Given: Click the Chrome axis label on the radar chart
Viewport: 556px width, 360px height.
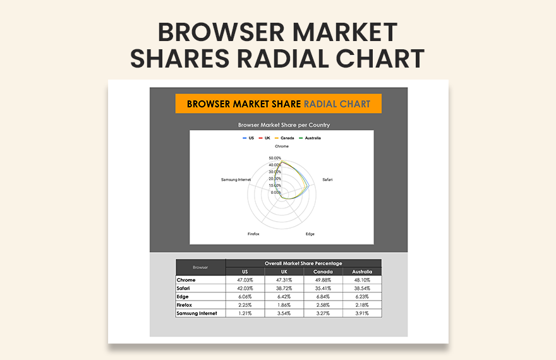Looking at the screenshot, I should [x=282, y=147].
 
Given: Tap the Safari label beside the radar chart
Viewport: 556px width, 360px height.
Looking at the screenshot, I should [x=327, y=180].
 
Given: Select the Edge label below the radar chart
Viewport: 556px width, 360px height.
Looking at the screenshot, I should [x=310, y=234].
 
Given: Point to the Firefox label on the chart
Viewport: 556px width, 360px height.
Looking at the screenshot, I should [x=253, y=234].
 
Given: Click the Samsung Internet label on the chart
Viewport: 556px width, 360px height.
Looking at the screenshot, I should [x=236, y=180].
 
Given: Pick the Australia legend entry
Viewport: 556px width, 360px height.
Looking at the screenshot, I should [x=309, y=138].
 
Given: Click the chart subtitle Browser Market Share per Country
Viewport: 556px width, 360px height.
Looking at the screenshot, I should [x=284, y=125].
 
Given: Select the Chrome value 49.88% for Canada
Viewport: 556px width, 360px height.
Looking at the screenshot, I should [x=323, y=280].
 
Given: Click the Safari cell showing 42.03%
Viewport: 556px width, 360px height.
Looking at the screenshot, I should [x=245, y=288].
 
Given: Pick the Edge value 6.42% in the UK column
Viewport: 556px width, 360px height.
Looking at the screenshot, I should [x=284, y=296].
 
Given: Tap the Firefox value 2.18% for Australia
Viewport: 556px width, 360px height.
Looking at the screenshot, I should [x=362, y=304].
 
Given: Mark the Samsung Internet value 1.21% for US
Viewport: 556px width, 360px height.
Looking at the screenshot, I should [x=245, y=313].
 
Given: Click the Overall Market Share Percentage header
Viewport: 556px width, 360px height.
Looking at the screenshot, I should [x=303, y=263].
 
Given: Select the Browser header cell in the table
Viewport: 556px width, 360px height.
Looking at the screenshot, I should [x=200, y=267].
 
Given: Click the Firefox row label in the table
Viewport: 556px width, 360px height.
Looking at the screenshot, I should [x=186, y=304].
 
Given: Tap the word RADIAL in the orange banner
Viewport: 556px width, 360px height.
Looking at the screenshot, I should [x=321, y=104].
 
